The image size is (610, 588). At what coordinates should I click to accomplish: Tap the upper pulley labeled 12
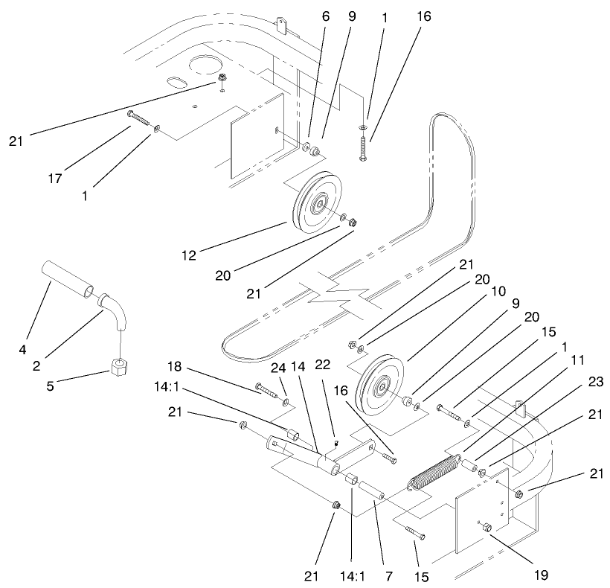315,203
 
